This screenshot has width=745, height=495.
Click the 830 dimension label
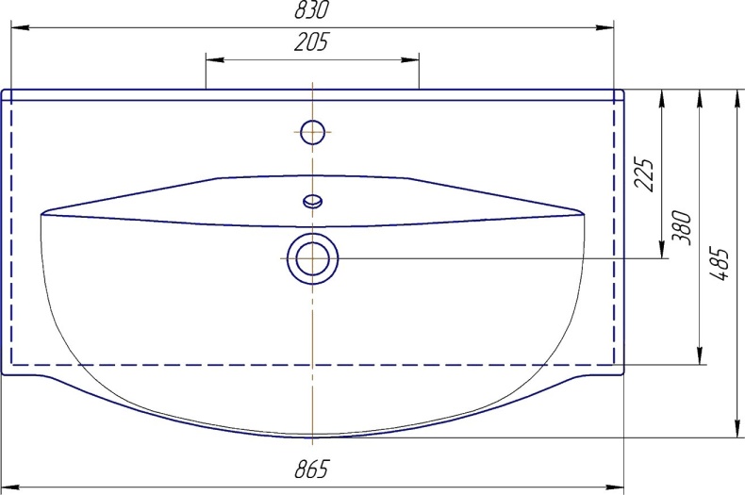[x=311, y=9]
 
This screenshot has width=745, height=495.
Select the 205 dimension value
[x=311, y=41]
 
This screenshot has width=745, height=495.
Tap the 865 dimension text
[x=311, y=470]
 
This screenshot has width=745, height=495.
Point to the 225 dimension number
[x=645, y=174]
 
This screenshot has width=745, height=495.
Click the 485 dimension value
[x=720, y=264]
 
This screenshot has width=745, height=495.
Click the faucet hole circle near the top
[x=313, y=132]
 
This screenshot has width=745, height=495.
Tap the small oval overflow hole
[x=313, y=201]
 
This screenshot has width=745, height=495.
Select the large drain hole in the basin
[x=313, y=259]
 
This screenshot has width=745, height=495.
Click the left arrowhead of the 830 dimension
[x=20, y=27]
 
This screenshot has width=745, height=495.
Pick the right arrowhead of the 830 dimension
[x=604, y=27]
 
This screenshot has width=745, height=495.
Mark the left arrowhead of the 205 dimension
[x=215, y=59]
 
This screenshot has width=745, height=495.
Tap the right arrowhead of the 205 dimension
[x=410, y=59]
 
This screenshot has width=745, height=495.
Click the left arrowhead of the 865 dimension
[x=10, y=487]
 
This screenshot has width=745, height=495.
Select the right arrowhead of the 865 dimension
[x=614, y=487]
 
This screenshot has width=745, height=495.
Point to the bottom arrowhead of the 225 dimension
[x=661, y=250]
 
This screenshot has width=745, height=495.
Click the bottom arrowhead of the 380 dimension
[x=700, y=355]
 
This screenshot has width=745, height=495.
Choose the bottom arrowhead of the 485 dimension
[x=737, y=427]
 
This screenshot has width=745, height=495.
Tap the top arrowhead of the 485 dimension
[x=737, y=99]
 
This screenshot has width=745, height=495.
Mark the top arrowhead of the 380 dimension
[x=700, y=99]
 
